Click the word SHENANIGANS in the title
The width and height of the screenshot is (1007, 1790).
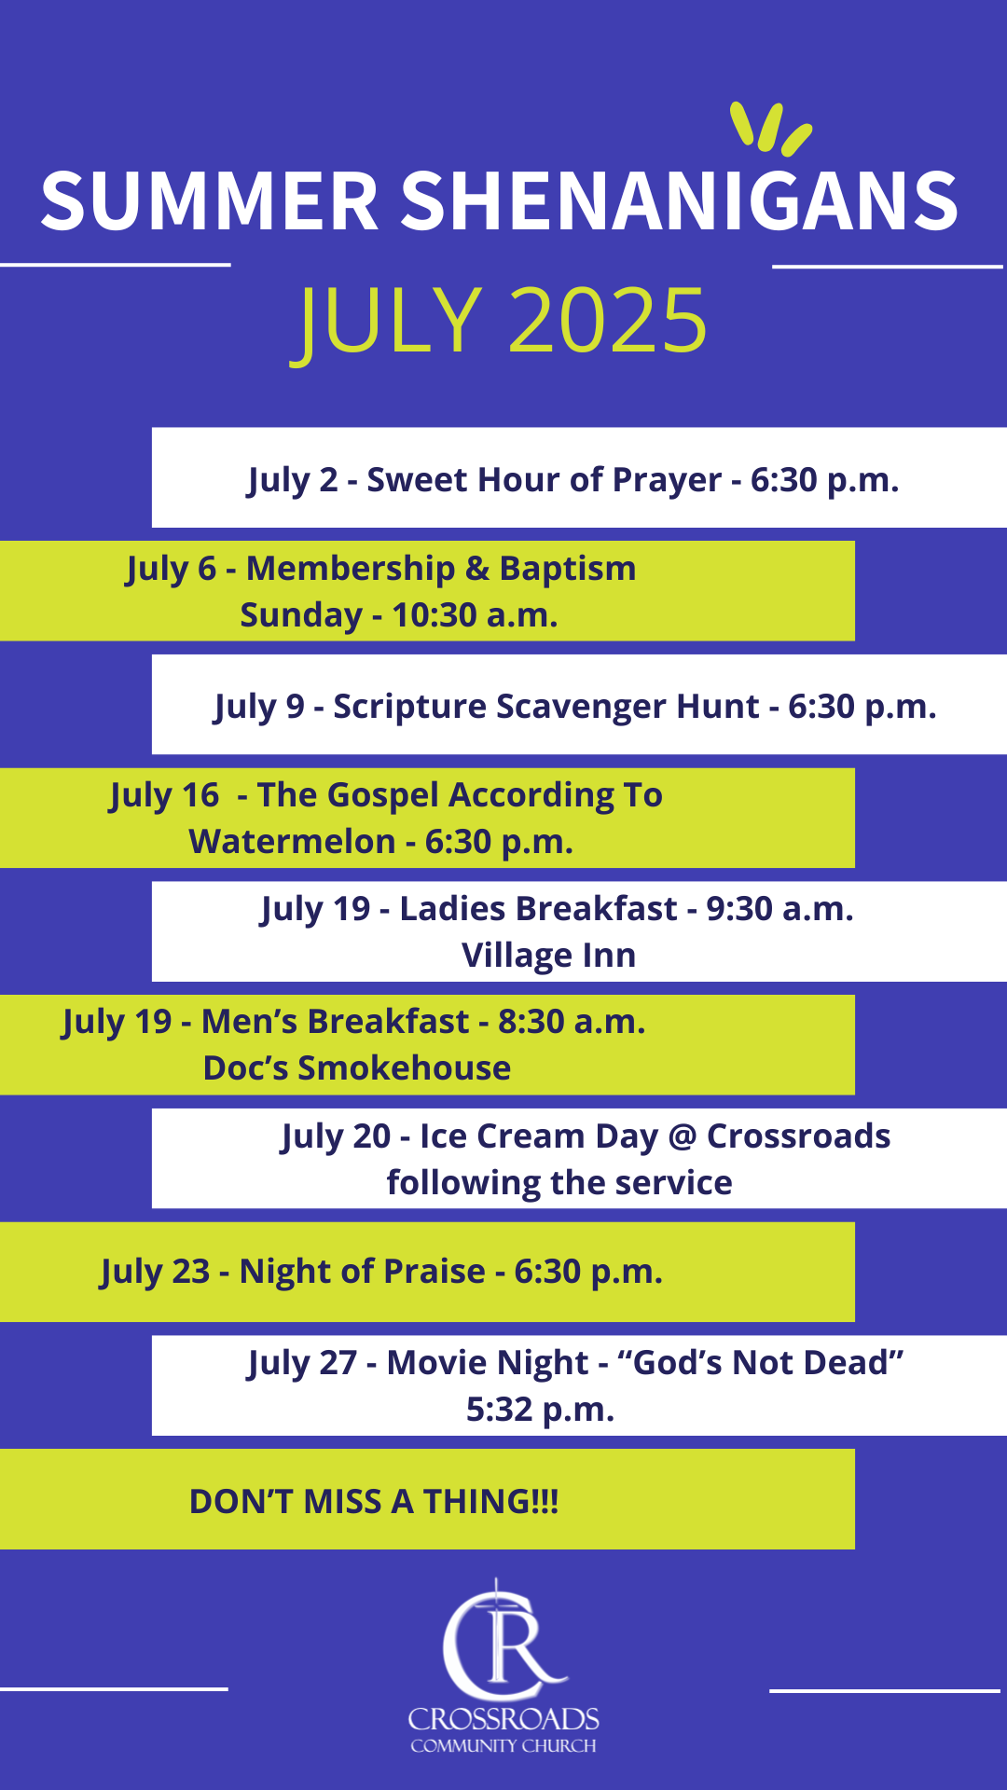679,201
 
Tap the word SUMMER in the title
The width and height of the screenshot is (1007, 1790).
209,201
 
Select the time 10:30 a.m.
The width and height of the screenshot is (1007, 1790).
475,615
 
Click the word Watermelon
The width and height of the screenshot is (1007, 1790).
292,842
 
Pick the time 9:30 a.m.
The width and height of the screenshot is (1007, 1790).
779,909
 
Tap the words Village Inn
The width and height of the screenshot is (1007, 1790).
549,957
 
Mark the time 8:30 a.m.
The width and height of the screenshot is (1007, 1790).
572,1022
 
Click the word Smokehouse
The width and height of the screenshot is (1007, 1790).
404,1068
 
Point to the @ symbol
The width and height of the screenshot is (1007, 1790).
683,1137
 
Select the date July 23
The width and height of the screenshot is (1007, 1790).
155,1273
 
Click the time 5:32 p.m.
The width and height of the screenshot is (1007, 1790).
541,1410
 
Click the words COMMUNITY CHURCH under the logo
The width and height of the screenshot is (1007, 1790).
504,1745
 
